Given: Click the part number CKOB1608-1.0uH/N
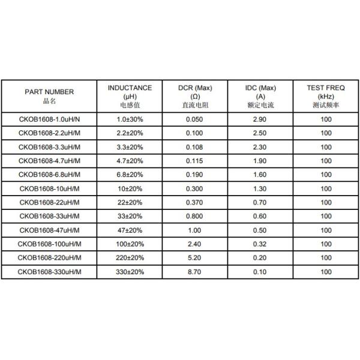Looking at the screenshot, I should pos(49,119).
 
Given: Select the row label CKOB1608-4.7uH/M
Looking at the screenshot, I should pos(49,161).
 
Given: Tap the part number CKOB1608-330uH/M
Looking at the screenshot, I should pos(49,272).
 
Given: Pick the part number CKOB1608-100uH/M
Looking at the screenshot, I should pos(49,244).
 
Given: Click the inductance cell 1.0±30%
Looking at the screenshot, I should pos(130,119).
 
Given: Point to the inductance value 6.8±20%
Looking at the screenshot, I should pos(130,175).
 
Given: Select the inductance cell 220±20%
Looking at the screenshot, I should pos(130,258).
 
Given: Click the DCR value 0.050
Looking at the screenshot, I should pos(195,119).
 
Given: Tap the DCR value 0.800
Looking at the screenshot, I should pos(195,217).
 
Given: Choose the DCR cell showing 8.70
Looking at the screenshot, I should pos(195,272).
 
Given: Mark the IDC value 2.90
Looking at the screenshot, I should pos(260,119).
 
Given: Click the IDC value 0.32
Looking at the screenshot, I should pos(260,244).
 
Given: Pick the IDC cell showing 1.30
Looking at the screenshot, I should pos(260,189).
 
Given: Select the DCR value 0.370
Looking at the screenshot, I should pos(195,203).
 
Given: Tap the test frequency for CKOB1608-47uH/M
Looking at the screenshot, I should pos(326,230).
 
